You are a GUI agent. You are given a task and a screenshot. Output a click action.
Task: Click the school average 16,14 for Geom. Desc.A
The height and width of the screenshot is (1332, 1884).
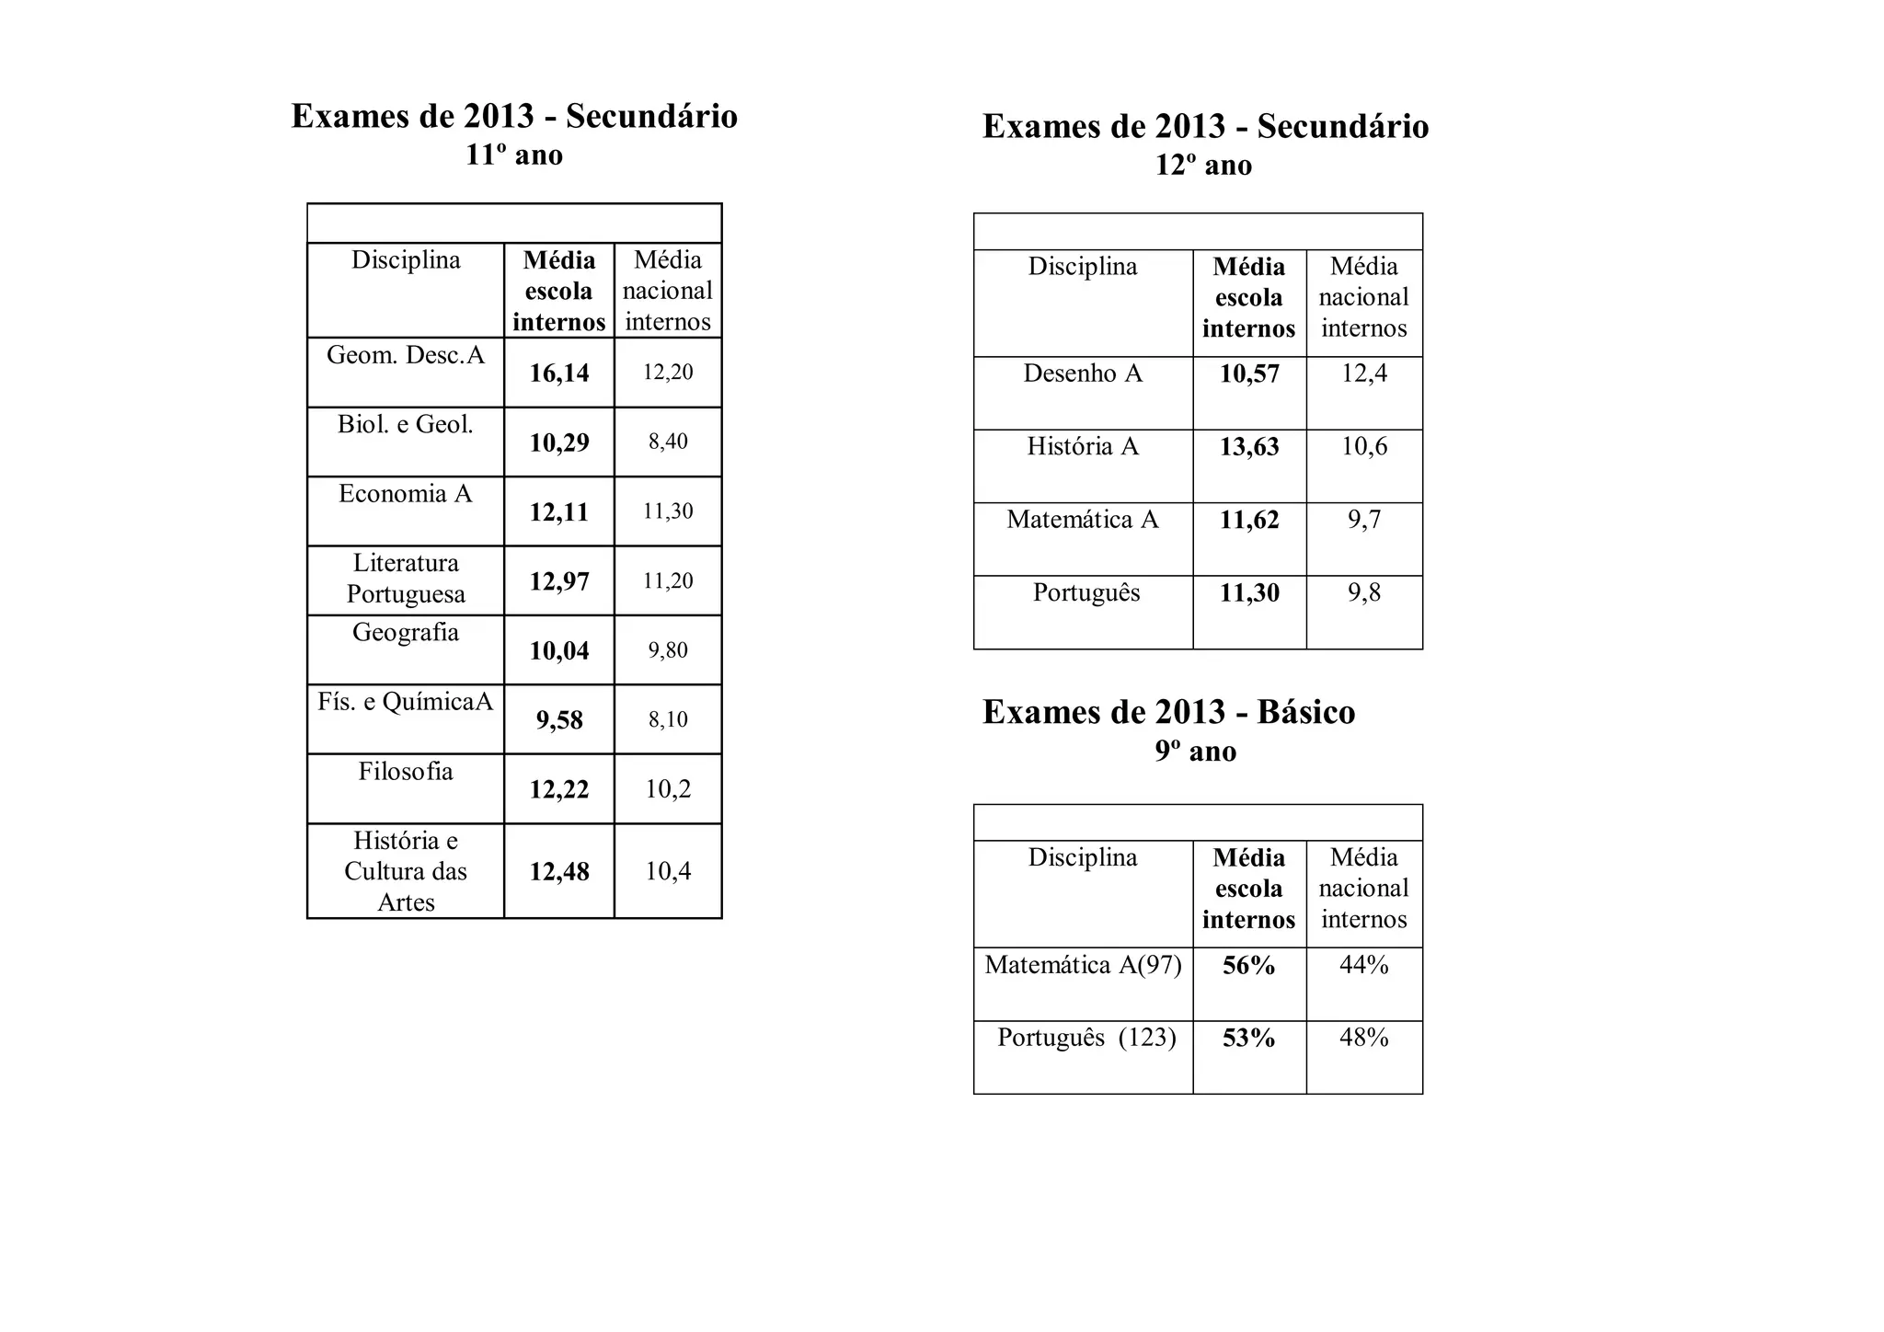(x=559, y=373)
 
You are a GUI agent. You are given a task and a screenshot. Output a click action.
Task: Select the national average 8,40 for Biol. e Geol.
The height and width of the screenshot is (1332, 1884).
(x=668, y=442)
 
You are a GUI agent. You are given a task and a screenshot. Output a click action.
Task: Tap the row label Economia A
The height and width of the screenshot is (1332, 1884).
(x=406, y=494)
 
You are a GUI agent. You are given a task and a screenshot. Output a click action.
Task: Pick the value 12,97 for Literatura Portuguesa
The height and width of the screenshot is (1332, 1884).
(x=559, y=581)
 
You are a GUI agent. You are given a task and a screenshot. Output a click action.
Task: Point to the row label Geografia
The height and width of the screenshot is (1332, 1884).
(x=406, y=632)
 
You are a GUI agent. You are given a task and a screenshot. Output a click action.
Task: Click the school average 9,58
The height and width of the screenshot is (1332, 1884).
(x=559, y=719)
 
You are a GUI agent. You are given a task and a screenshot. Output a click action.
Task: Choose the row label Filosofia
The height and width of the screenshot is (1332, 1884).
(x=406, y=771)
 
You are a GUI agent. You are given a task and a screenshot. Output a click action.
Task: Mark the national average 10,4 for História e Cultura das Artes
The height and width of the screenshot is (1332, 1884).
(x=668, y=871)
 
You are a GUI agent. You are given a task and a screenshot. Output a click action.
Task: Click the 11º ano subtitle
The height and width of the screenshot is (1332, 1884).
(x=514, y=155)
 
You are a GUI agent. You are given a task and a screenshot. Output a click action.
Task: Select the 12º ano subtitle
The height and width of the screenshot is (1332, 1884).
(x=1203, y=166)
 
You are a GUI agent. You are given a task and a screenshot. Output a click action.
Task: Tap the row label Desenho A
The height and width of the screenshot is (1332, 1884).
(x=1083, y=373)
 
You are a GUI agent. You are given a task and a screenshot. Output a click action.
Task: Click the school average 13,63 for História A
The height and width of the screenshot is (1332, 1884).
(x=1249, y=447)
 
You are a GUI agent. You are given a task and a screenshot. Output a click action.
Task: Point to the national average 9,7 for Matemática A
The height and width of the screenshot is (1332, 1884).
(x=1364, y=520)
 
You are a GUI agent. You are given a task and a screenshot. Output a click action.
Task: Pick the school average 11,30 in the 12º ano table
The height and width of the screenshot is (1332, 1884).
(x=1249, y=593)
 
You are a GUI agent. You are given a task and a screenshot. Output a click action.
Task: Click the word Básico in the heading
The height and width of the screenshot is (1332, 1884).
(x=1306, y=712)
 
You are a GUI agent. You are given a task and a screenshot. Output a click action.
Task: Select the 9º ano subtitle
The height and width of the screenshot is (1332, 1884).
(x=1196, y=752)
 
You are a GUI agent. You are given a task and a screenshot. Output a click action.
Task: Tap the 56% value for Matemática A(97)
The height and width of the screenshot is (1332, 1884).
(x=1249, y=965)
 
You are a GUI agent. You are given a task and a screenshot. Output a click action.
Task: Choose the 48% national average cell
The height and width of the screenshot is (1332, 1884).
(x=1364, y=1038)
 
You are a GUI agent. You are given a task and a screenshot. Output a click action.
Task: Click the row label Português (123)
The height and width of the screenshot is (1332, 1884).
(x=1086, y=1038)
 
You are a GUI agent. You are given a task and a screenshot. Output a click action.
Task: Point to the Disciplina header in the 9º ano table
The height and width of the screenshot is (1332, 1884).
(x=1083, y=857)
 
